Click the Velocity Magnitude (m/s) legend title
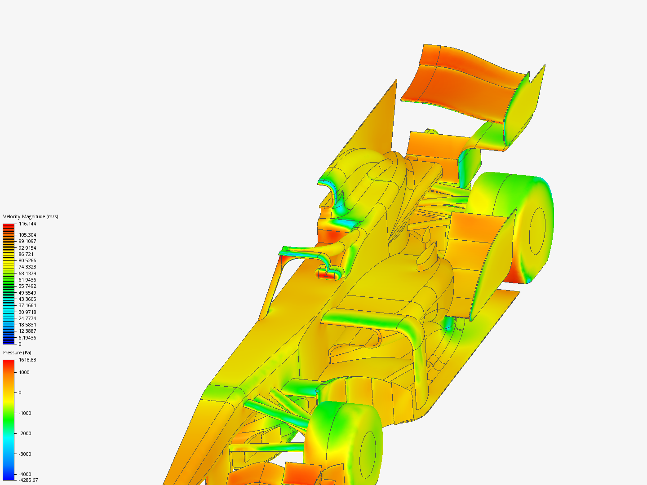tap(31, 216)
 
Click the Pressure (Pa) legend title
tap(17, 353)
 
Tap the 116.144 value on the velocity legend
tap(27, 224)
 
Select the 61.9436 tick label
tap(27, 280)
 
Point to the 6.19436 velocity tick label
tap(27, 338)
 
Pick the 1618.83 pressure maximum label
tap(27, 360)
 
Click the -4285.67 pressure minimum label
tap(28, 480)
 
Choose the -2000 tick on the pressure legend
tap(25, 433)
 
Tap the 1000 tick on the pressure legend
tap(24, 372)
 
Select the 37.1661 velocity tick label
tap(27, 305)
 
